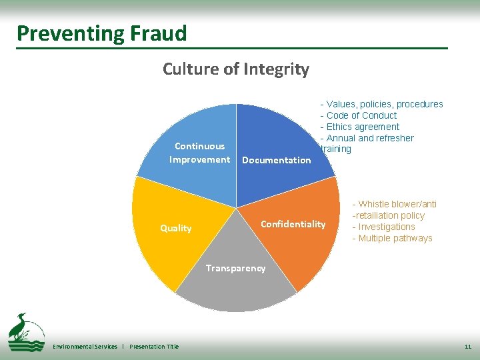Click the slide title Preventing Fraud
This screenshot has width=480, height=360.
coord(102,33)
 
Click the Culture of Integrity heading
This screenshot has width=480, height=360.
coord(236,69)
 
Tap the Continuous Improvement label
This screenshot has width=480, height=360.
coord(199,153)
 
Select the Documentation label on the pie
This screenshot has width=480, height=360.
coord(276,160)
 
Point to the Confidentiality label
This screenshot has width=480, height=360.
coord(293,224)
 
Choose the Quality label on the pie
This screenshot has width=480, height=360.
coord(176,228)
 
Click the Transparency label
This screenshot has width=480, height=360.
coord(235,268)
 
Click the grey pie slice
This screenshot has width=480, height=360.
coord(236,290)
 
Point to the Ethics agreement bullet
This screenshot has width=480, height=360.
coord(363,127)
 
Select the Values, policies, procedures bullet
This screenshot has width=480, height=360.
coord(384,104)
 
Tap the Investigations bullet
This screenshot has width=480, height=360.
coord(387,227)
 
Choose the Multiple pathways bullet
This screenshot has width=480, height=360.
coord(395,238)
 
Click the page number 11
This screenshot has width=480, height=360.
coord(467,347)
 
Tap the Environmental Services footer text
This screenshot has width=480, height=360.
coord(85,347)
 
